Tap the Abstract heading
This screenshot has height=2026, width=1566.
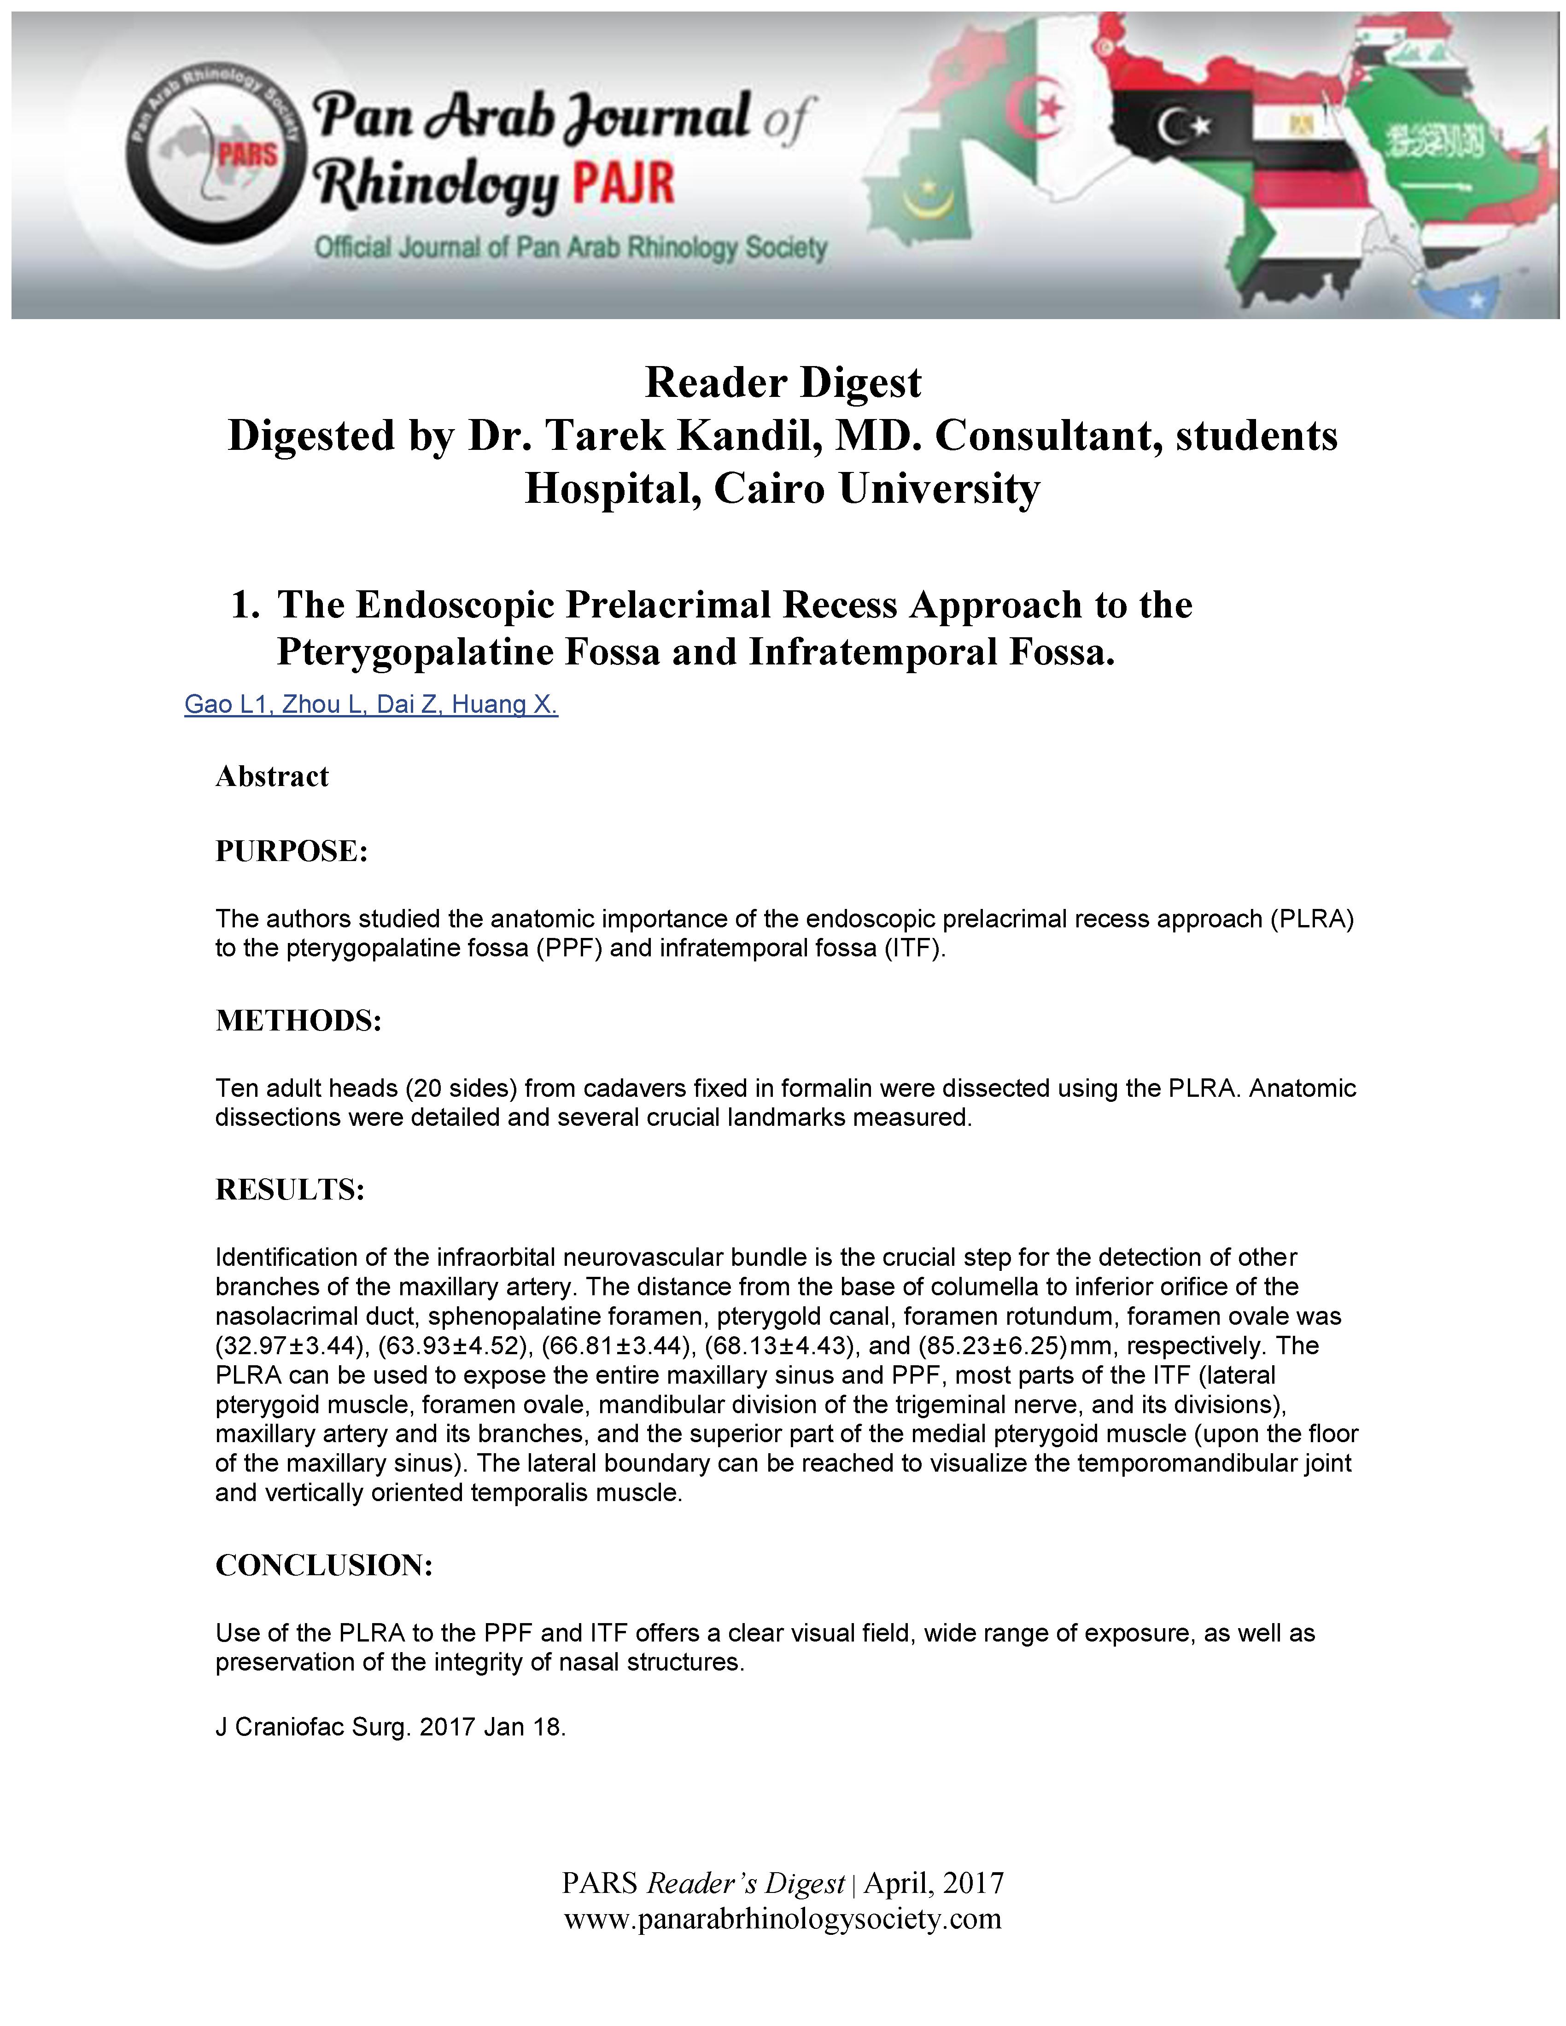(272, 776)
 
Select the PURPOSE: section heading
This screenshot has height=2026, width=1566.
(291, 851)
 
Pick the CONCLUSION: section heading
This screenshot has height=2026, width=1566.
(324, 1565)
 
